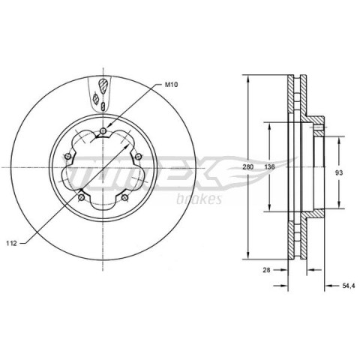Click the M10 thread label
click(x=171, y=85)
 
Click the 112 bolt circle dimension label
click(x=12, y=243)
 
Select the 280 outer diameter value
click(x=248, y=166)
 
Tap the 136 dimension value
click(x=269, y=166)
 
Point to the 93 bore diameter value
click(x=339, y=172)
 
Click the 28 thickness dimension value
click(x=267, y=270)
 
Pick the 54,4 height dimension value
click(x=349, y=286)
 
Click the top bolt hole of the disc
click(x=103, y=130)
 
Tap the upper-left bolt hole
click(x=67, y=157)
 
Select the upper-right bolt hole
click(x=138, y=157)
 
